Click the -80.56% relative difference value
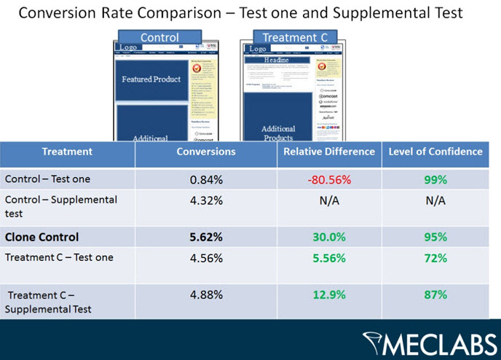click(329, 179)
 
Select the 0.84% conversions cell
click(205, 179)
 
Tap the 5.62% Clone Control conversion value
click(205, 237)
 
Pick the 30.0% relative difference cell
click(329, 237)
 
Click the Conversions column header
click(206, 152)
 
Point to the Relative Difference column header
click(329, 152)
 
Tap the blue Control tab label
click(159, 37)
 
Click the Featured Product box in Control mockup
click(151, 79)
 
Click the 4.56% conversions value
click(205, 257)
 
